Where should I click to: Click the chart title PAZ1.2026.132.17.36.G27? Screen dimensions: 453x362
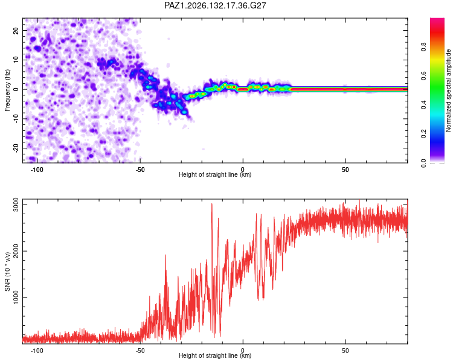click(215, 5)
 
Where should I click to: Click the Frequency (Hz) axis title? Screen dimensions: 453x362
click(7, 91)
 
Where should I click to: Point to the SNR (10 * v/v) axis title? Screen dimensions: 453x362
click(7, 271)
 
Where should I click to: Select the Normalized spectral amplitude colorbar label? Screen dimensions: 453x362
click(448, 91)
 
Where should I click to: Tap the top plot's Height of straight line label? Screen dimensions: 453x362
click(215, 174)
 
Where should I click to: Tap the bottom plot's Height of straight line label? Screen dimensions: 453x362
click(215, 355)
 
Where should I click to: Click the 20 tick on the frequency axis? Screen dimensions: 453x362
click(16, 31)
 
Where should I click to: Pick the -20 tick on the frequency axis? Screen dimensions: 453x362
click(16, 148)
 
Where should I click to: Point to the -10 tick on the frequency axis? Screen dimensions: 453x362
click(16, 119)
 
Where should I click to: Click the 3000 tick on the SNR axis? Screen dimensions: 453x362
click(16, 205)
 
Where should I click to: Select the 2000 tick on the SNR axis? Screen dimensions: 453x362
click(16, 251)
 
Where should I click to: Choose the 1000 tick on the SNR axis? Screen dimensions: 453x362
click(16, 297)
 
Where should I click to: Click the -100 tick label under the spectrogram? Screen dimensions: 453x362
click(37, 170)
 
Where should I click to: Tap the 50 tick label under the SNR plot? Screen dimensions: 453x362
click(345, 351)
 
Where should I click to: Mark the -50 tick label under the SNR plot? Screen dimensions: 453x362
click(140, 351)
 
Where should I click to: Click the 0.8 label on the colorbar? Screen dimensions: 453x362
click(423, 46)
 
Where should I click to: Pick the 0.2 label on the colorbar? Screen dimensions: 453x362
click(423, 134)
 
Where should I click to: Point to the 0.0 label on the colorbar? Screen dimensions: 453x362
click(423, 163)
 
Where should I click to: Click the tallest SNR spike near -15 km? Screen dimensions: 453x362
click(212, 204)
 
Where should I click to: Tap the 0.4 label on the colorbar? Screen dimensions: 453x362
click(423, 104)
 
